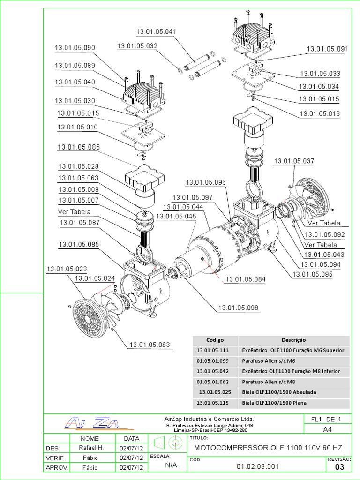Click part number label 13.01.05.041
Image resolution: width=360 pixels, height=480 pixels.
point(156,32)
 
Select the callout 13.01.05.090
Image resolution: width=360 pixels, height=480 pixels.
point(75,48)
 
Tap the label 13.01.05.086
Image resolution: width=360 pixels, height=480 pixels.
point(79,147)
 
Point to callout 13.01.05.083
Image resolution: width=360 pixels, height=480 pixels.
point(150,345)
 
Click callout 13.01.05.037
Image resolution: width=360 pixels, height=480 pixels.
point(294,161)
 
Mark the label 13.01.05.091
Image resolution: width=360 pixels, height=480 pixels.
point(327,49)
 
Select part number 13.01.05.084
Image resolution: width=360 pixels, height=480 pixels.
point(245,279)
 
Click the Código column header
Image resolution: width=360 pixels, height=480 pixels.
point(215,340)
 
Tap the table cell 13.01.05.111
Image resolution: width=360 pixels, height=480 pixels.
point(215,350)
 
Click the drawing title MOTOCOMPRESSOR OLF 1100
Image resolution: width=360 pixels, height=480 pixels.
point(265,448)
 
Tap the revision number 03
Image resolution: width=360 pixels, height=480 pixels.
point(340,467)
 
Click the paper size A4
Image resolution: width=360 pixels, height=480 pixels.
point(328,429)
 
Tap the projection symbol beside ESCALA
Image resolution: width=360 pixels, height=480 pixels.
point(167,442)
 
